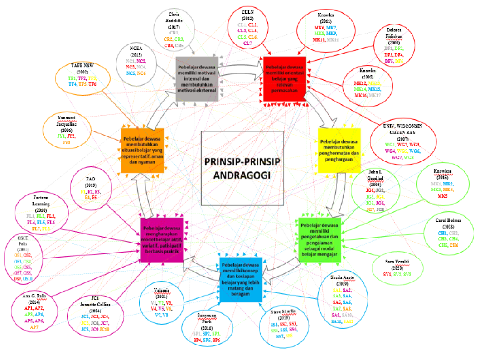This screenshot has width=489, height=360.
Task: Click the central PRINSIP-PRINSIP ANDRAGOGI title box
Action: coord(242,169)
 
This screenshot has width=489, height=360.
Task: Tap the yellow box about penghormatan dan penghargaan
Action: coord(339,150)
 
